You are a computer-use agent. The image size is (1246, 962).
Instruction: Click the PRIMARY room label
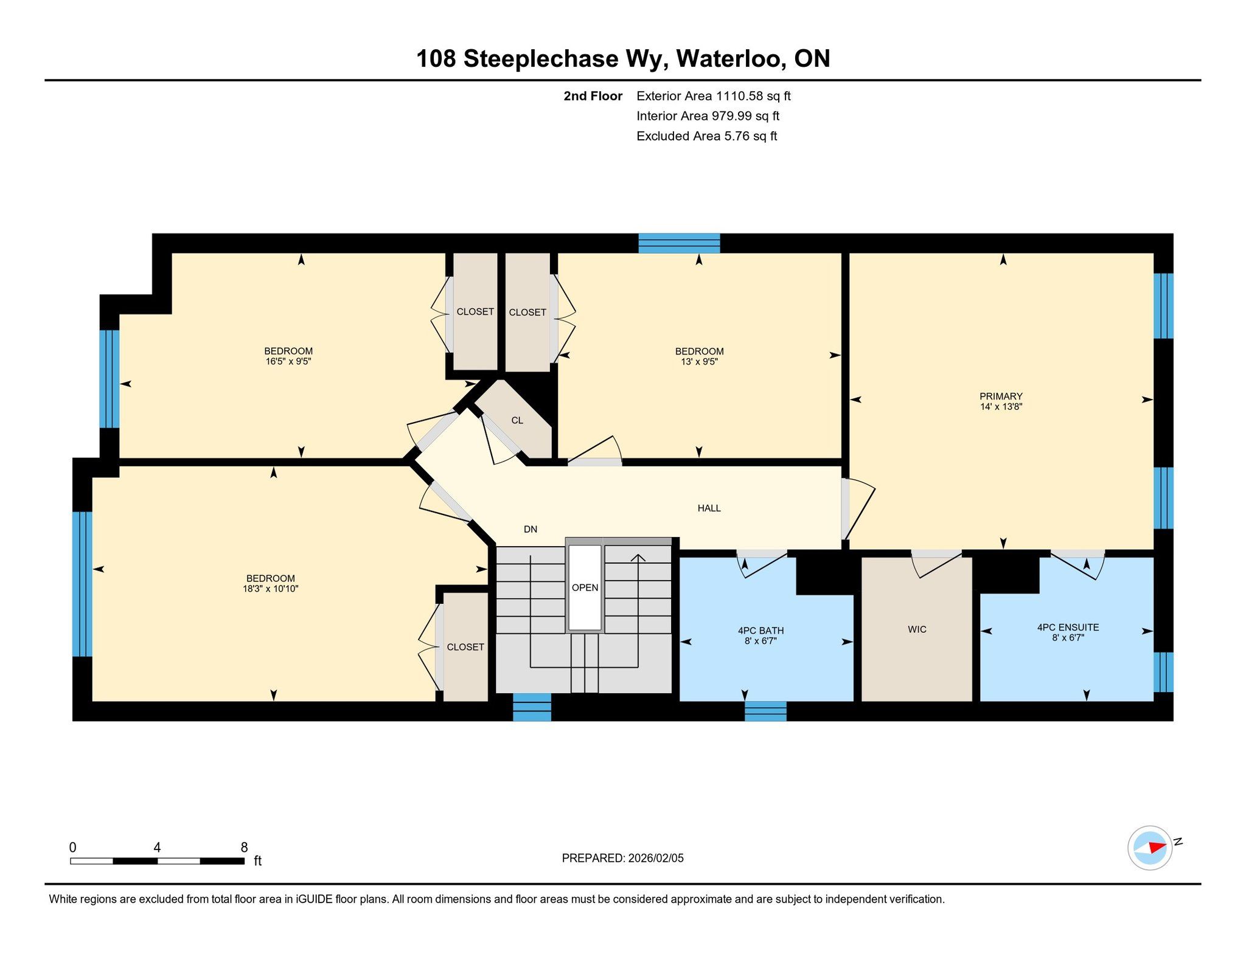pos(1001,396)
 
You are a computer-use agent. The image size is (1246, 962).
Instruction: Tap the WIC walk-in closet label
pos(917,629)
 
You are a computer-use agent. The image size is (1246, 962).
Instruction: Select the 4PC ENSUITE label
pos(1068,628)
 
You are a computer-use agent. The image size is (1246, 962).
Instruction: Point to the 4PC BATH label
pos(760,631)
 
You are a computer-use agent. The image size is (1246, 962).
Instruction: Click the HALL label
pos(709,508)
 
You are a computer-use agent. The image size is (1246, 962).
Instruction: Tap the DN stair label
pos(531,530)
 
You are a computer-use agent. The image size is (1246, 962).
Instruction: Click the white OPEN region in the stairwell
pos(585,587)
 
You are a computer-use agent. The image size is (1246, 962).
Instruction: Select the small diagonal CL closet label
pos(517,421)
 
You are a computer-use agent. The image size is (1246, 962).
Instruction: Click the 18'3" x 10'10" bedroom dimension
pos(271,589)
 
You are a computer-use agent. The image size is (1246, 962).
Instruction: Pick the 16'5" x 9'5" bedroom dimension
pos(288,361)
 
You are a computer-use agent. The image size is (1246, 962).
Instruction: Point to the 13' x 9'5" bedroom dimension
pos(699,362)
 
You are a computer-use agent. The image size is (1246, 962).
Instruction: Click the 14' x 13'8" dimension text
pos(1001,407)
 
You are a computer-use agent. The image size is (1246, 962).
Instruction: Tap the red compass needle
pos(1157,847)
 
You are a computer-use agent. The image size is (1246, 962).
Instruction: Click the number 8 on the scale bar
pos(244,848)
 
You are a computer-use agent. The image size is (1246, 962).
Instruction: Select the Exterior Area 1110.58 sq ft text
pos(713,96)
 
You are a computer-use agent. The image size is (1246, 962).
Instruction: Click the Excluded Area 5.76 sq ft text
pos(706,136)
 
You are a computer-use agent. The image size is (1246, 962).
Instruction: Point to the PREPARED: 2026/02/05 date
pos(622,858)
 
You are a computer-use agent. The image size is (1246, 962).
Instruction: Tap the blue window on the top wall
pos(679,243)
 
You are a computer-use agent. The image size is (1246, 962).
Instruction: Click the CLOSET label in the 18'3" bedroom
pos(465,647)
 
